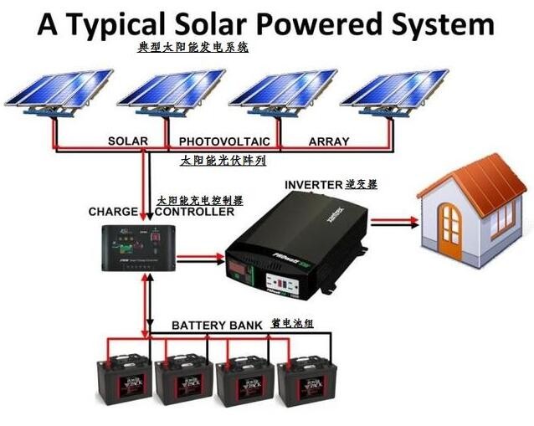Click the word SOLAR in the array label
[x=127, y=141]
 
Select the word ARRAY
[x=329, y=141]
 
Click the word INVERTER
[x=314, y=183]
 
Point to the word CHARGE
[x=113, y=212]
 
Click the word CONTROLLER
[x=194, y=212]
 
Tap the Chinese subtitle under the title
[x=193, y=49]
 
